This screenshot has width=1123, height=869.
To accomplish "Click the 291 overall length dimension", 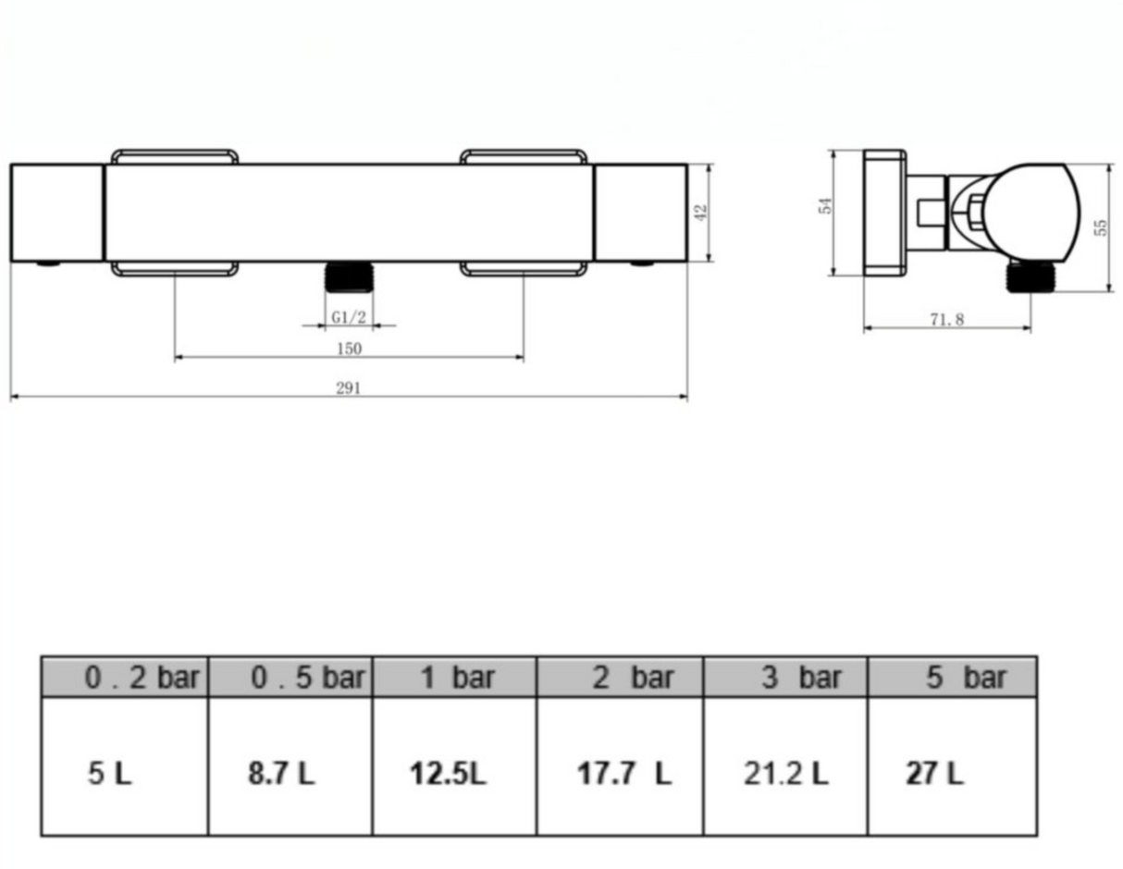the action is (x=349, y=387).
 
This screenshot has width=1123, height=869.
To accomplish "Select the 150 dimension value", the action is (x=350, y=349).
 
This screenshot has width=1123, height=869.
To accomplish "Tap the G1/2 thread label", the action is (x=349, y=317).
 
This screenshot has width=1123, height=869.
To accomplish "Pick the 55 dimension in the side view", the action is (x=1101, y=227).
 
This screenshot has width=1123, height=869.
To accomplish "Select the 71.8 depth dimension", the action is (x=947, y=320).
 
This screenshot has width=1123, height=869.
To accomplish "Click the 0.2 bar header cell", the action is (x=125, y=677).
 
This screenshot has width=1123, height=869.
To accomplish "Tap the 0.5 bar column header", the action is (x=290, y=677).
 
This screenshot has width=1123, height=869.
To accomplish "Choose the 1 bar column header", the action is (x=455, y=677).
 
